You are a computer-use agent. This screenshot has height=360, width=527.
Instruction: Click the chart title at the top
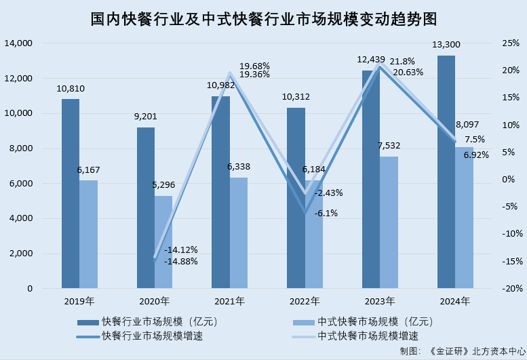click(x=262, y=18)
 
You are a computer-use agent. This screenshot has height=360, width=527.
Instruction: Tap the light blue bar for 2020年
click(x=163, y=242)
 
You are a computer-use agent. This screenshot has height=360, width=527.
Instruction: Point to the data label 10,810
click(x=71, y=89)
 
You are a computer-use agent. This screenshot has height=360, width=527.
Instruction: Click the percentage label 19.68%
click(x=255, y=66)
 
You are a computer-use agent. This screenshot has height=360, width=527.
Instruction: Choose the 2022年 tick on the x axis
click(x=305, y=301)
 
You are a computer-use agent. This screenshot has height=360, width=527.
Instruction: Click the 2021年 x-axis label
click(x=229, y=301)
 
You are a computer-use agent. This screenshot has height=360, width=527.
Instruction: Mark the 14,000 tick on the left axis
click(x=19, y=43)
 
